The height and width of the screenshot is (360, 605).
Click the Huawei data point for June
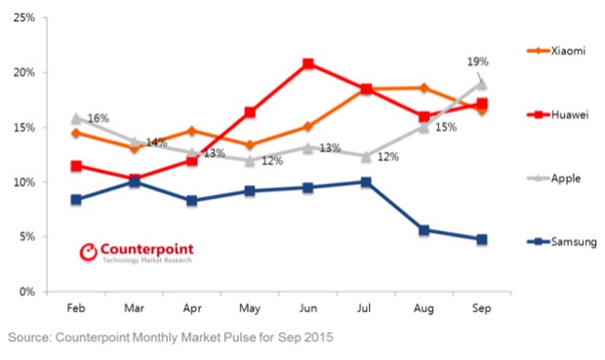308,64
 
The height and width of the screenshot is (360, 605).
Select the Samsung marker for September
481,239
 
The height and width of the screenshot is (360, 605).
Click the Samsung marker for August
423,230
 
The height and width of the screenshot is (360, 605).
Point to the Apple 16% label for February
98,119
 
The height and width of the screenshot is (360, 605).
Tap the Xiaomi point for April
192,131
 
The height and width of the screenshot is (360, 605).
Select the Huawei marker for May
250,112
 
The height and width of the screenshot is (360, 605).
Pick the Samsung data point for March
134,182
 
